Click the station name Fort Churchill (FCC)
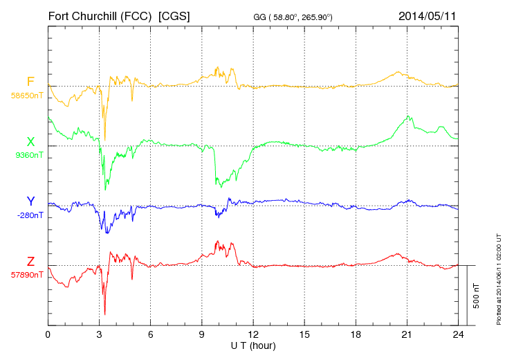tap(100, 15)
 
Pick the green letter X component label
tap(30, 143)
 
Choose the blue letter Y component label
tap(30, 201)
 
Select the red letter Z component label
tap(30, 262)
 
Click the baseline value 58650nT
tap(26, 96)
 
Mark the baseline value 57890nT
tap(26, 275)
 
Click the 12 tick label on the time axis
tap(253, 334)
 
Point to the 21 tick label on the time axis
tap(407, 334)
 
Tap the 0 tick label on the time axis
tap(48, 334)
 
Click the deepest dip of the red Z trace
tap(105, 314)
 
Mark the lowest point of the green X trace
tap(106, 190)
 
